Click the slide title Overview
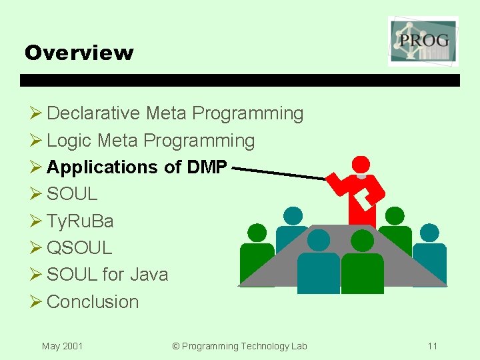[79, 53]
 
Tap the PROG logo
[423, 41]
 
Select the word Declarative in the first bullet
[93, 113]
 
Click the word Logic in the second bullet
[69, 141]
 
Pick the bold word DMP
[207, 167]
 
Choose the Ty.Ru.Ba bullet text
[80, 221]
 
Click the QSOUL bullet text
[79, 248]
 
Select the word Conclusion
[93, 301]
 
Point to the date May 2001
[62, 346]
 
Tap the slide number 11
[433, 346]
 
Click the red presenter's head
[361, 165]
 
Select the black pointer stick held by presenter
[280, 173]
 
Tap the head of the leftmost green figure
[257, 232]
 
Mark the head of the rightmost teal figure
[430, 232]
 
